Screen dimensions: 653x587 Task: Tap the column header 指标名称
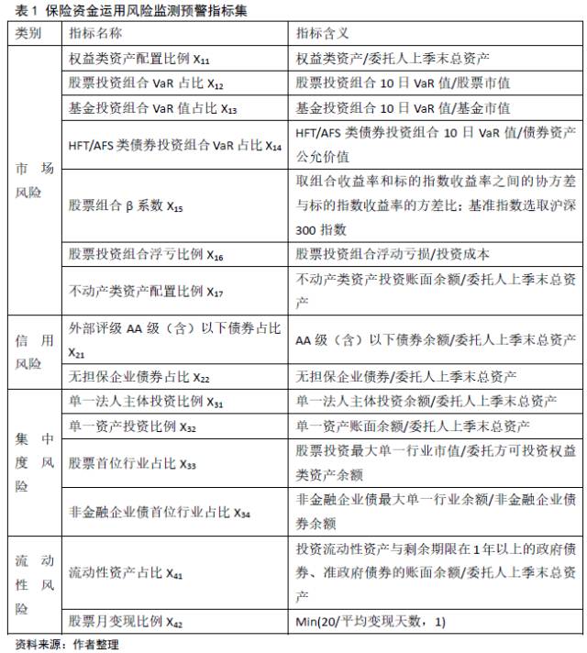tap(95, 33)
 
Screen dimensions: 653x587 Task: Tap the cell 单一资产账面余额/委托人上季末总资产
tap(413, 426)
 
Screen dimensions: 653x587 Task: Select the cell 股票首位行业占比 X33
tap(133, 464)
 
